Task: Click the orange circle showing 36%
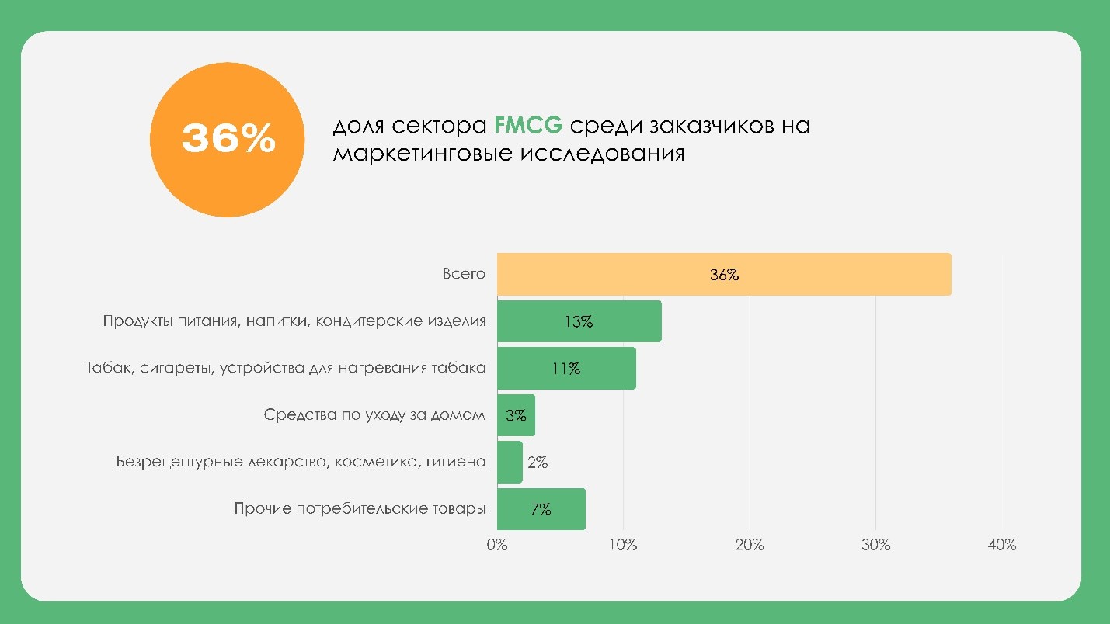(227, 140)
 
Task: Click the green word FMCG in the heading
(528, 125)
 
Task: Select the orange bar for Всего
(724, 275)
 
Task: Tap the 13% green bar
(579, 321)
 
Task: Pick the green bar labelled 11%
(566, 368)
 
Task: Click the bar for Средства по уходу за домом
(516, 415)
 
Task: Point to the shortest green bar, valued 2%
(510, 462)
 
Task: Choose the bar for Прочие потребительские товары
(541, 509)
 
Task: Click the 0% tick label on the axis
(496, 545)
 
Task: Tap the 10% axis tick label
(623, 545)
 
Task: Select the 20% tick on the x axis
(750, 545)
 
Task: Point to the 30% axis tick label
(875, 545)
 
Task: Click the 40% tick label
(1002, 545)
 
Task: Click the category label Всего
(464, 274)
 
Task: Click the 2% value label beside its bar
(538, 463)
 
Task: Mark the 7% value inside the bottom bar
(541, 510)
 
